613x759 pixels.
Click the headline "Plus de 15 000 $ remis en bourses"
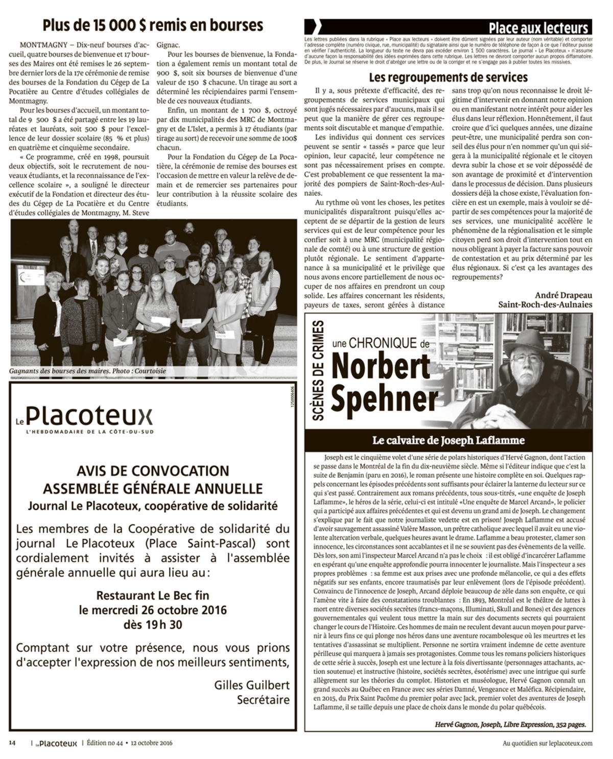[153, 25]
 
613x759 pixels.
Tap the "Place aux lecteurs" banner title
[538, 28]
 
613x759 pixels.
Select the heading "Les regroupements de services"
[448, 78]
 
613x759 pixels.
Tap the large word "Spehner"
[385, 399]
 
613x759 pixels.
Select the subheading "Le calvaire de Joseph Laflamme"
[448, 440]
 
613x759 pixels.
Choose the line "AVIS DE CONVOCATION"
[153, 470]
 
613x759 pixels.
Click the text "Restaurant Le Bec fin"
[153, 595]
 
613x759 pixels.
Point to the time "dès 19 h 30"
[153, 624]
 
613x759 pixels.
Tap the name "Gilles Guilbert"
[252, 685]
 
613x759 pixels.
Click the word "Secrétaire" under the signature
[263, 700]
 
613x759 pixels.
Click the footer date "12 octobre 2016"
[151, 743]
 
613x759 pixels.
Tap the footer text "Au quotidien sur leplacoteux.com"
[548, 744]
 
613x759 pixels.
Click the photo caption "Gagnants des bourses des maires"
[59, 371]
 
